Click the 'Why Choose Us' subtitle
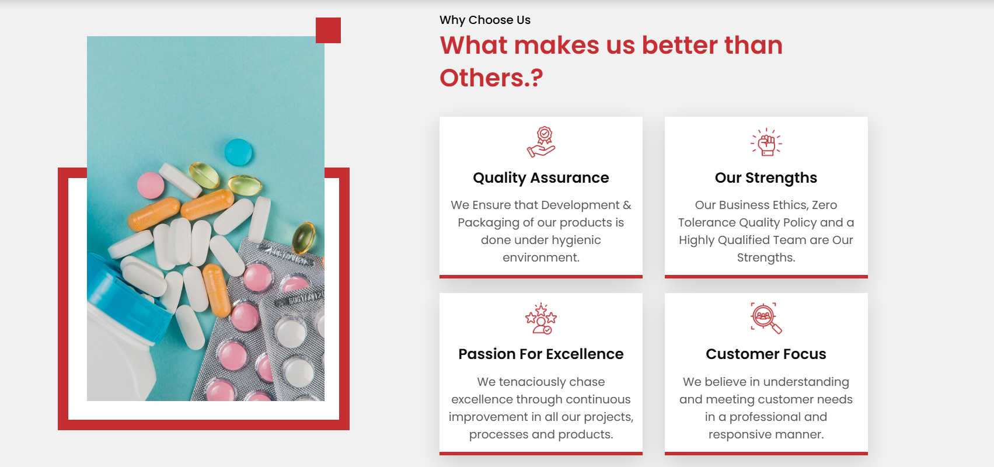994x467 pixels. click(484, 20)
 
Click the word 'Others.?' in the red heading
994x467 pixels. click(491, 78)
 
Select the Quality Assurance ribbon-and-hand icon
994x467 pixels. click(541, 142)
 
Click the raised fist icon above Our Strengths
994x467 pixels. click(766, 142)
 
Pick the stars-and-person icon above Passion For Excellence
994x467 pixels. click(541, 318)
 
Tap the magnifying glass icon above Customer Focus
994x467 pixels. click(766, 318)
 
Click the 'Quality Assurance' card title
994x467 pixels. click(541, 177)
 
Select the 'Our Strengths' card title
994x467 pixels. click(766, 177)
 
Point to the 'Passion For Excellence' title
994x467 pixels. click(541, 354)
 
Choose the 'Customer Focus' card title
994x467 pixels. click(766, 354)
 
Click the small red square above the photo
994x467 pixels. click(328, 30)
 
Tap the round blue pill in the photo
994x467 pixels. click(238, 152)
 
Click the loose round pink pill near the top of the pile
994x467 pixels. click(151, 185)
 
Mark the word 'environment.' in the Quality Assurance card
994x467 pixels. click(541, 257)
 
